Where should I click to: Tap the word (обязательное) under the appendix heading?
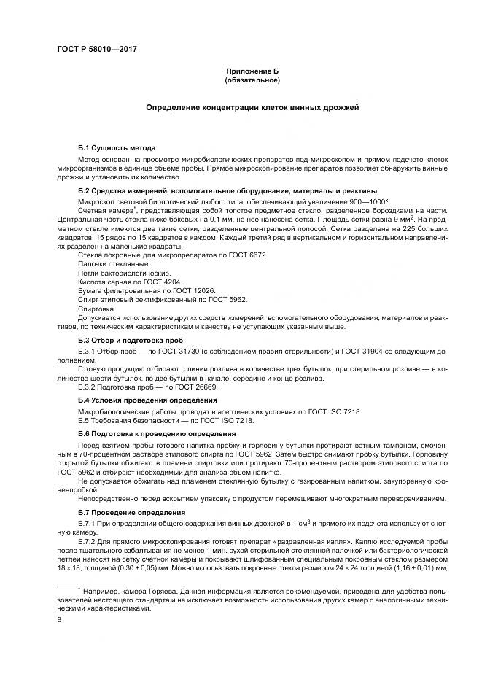[252, 80]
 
